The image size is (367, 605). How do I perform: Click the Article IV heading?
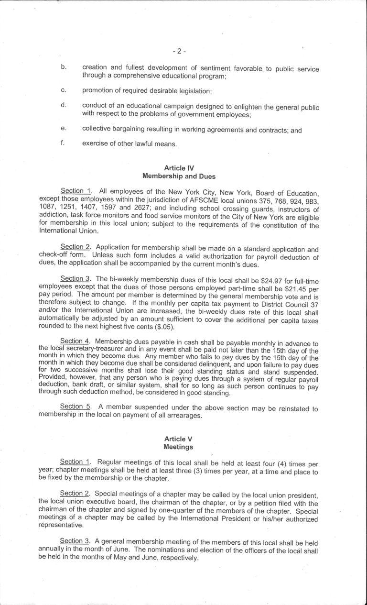click(179, 168)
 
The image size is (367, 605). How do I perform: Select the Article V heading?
click(178, 439)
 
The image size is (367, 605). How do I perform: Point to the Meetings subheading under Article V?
click(178, 447)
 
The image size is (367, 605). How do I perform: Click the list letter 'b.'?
click(63, 66)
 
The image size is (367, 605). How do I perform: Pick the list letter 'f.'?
click(63, 143)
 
